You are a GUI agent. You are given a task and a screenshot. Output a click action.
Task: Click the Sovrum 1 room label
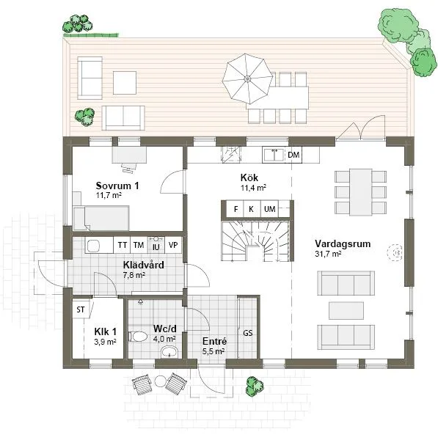(x=117, y=185)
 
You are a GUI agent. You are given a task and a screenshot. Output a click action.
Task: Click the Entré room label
(x=213, y=341)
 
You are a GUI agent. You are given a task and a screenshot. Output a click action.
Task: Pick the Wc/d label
(x=162, y=329)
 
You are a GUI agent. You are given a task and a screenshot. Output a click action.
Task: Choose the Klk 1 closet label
(x=106, y=331)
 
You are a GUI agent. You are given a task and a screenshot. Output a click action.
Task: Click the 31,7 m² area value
(x=328, y=254)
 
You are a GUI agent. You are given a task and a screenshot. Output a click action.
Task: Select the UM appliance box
(x=269, y=210)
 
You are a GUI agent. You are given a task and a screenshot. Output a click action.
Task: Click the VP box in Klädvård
(x=173, y=245)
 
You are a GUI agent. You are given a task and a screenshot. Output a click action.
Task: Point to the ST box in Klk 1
(x=81, y=309)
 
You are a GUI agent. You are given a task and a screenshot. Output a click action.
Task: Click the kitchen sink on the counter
(x=274, y=155)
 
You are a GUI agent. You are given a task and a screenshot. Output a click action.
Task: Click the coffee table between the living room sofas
(x=345, y=309)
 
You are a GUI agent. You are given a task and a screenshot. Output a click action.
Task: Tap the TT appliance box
(x=122, y=245)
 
